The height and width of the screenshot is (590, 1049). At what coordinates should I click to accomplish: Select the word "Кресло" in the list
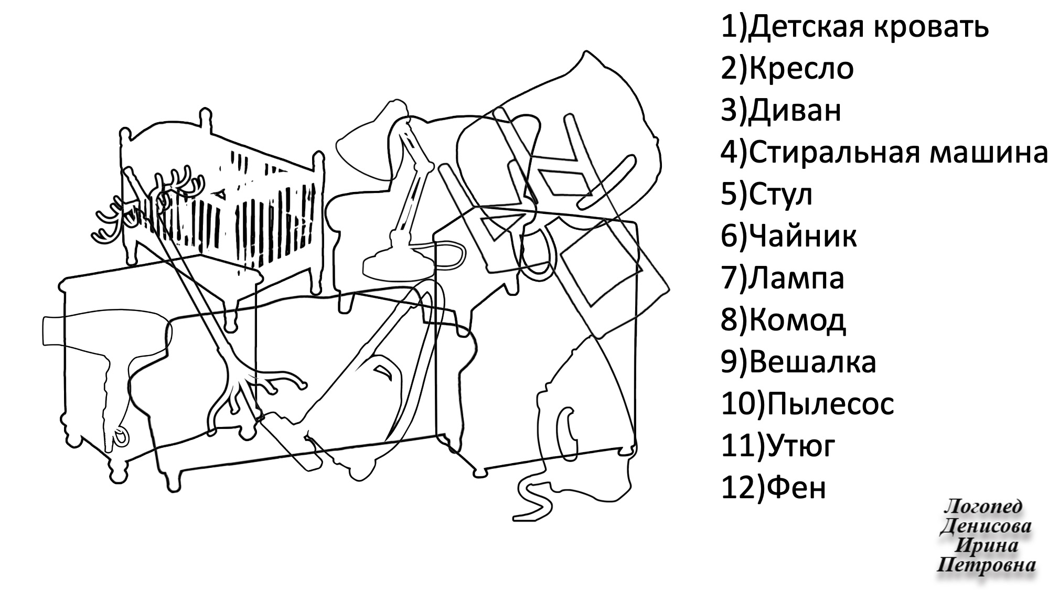(801, 69)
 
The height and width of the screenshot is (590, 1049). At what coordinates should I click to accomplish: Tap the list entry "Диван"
(795, 111)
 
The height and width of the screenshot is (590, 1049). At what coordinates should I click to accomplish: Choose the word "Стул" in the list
(781, 195)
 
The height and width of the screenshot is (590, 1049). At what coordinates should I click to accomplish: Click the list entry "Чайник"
(803, 237)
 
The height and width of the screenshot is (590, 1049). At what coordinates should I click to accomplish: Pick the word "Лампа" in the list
(797, 278)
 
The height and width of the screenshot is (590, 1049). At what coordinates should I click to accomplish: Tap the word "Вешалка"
(812, 362)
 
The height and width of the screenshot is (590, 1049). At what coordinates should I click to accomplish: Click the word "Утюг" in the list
(800, 446)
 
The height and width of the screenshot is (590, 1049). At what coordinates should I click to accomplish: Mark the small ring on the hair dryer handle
(121, 437)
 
